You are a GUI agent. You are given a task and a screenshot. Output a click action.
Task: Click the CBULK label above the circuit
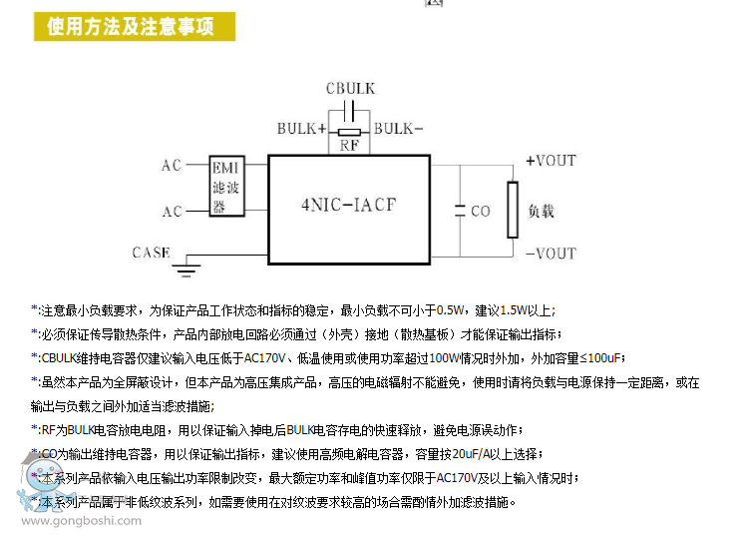[x=350, y=89]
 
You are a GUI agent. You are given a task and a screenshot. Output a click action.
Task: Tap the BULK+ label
[x=300, y=129]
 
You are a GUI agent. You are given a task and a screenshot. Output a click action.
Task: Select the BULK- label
[x=398, y=129]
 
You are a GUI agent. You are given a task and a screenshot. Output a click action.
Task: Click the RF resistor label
[x=349, y=146]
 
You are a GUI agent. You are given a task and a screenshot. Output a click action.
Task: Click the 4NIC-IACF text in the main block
[x=348, y=207]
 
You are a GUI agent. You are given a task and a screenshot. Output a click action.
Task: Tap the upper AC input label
[x=172, y=165]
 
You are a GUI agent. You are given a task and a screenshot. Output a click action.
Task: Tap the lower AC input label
[x=172, y=211]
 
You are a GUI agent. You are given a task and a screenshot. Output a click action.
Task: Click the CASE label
[x=151, y=253]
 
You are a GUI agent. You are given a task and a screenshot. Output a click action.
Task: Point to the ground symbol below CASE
[x=184, y=267]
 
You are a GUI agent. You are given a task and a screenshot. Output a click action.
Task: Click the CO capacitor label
[x=481, y=212]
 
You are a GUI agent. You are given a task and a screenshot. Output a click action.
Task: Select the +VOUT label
[x=551, y=161]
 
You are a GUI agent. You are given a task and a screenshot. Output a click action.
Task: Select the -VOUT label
[x=551, y=254]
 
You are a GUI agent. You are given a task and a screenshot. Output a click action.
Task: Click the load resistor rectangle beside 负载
[x=513, y=210]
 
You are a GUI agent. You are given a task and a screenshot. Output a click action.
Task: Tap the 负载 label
[x=541, y=211]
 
